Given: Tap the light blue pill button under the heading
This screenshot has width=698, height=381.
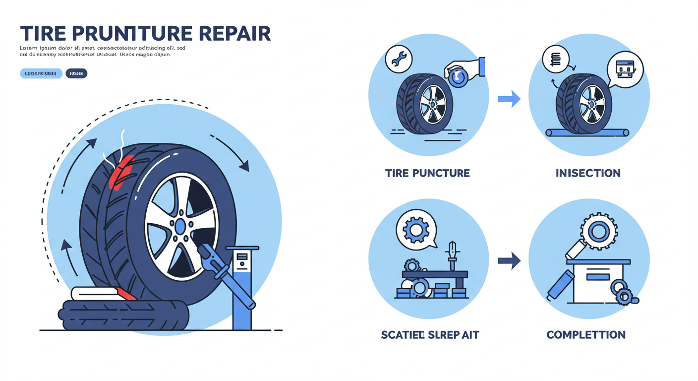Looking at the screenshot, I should pyautogui.click(x=41, y=73).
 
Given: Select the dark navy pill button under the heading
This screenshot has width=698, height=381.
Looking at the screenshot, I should pyautogui.click(x=76, y=73).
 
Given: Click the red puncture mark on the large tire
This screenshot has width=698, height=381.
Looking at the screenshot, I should pyautogui.click(x=121, y=171).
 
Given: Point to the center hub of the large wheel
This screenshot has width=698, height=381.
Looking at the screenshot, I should pyautogui.click(x=180, y=227).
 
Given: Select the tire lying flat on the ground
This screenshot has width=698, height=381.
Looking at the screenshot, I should pyautogui.click(x=124, y=315).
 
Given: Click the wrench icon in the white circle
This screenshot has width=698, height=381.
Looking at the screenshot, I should pyautogui.click(x=399, y=59).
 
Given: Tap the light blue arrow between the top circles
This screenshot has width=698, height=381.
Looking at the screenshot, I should pyautogui.click(x=509, y=99).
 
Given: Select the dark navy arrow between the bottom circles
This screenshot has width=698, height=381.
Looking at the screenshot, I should pyautogui.click(x=509, y=260).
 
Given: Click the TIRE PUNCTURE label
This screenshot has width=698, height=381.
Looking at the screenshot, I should pyautogui.click(x=427, y=173).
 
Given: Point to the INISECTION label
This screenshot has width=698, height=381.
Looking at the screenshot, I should pyautogui.click(x=588, y=173).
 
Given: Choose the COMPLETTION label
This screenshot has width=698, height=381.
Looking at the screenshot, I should pyautogui.click(x=585, y=335).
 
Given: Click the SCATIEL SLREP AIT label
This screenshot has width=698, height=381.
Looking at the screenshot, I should pyautogui.click(x=430, y=335).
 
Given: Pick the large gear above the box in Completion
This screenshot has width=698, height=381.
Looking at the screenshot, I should pyautogui.click(x=598, y=232).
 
